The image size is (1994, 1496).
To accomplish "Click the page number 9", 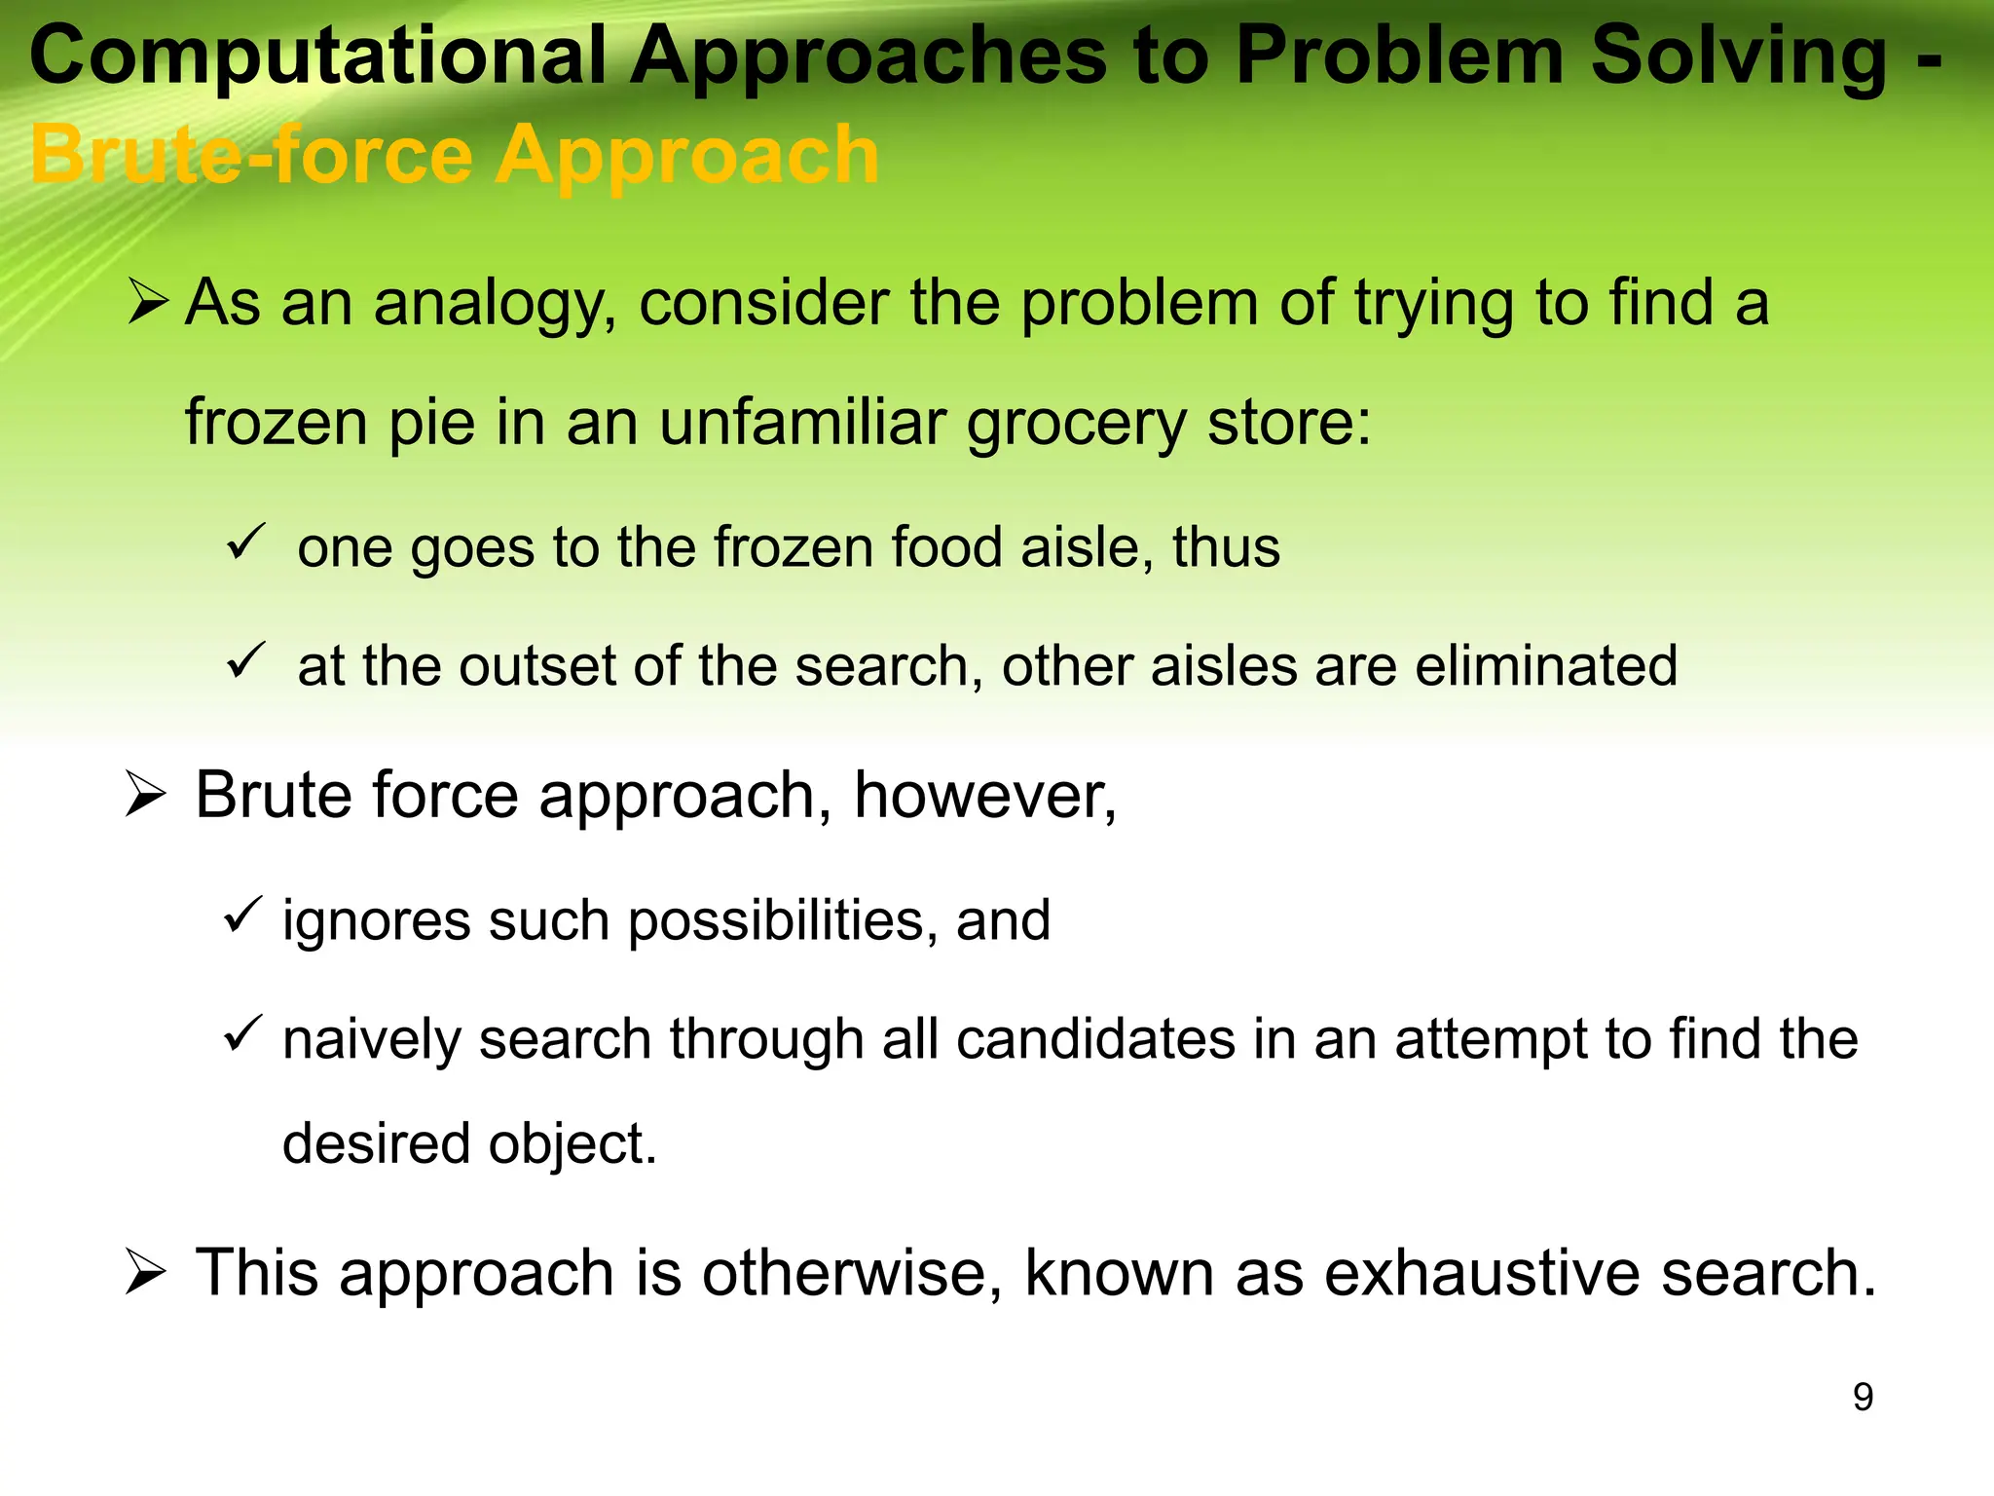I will [1863, 1398].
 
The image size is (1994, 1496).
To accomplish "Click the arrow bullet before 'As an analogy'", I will [148, 302].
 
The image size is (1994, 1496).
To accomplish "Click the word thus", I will [1226, 547].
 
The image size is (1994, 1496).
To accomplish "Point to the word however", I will [984, 796].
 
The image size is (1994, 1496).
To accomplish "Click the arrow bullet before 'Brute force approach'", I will [146, 795].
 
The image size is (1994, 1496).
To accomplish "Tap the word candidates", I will [1095, 1039].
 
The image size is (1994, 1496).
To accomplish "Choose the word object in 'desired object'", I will [572, 1144].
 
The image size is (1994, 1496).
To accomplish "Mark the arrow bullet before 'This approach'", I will [146, 1273].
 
